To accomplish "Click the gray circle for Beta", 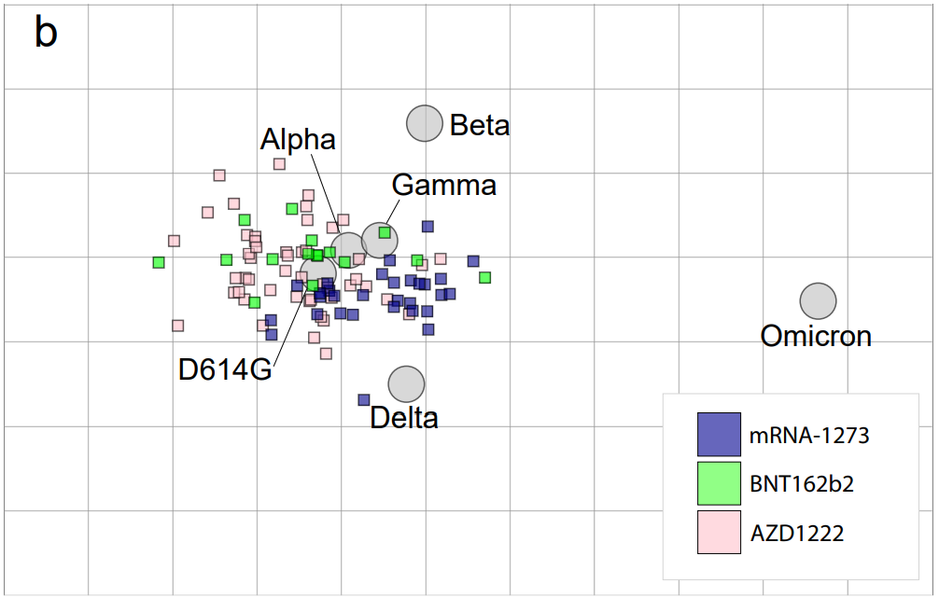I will tap(424, 123).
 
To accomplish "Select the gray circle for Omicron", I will tap(818, 300).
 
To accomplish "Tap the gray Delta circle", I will tap(406, 383).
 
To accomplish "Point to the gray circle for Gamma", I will tap(379, 241).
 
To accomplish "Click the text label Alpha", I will tap(298, 140).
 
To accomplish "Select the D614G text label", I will tap(225, 369).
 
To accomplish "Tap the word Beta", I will tap(480, 125).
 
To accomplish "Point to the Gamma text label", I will tap(443, 185).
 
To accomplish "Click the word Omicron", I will tap(816, 336).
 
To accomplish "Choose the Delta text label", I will tap(404, 417).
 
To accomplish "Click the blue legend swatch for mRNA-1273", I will tap(719, 435).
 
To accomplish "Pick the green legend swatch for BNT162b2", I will tap(719, 483).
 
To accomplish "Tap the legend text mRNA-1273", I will tap(803, 435).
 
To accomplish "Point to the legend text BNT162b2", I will tap(802, 484).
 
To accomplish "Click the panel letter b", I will tap(46, 34).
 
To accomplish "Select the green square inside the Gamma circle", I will tap(385, 232).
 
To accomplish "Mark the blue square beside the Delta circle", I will tap(364, 400).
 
